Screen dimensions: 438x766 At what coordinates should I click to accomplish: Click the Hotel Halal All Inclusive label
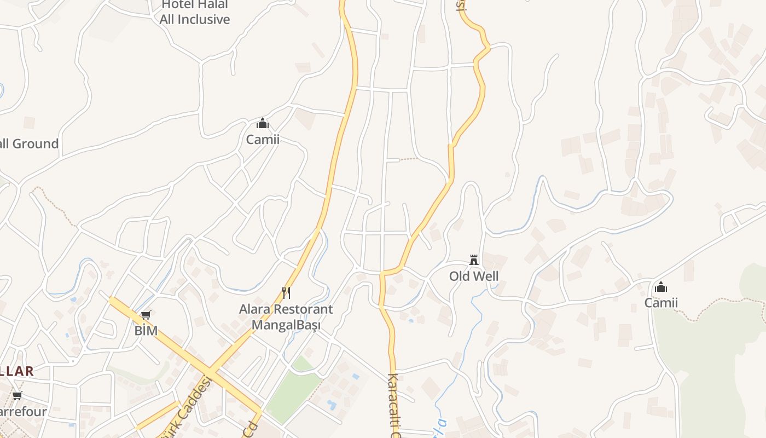[195, 13]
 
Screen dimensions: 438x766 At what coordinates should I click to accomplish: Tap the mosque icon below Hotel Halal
[263, 123]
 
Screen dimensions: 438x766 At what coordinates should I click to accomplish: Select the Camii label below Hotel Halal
[263, 140]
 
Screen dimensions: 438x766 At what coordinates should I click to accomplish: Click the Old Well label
[474, 276]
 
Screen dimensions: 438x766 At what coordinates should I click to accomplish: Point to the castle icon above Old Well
[474, 260]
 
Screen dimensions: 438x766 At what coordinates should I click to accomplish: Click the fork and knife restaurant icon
[286, 293]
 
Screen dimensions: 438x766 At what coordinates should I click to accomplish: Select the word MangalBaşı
[286, 325]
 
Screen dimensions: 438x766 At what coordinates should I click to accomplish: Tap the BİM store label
[146, 331]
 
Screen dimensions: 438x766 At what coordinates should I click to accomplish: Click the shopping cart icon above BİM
[146, 315]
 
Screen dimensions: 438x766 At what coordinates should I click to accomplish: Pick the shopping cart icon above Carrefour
[17, 396]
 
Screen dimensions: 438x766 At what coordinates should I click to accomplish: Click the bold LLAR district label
[16, 371]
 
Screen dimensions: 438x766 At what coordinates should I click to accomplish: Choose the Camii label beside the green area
[661, 303]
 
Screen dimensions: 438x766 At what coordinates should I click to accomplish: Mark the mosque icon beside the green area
[661, 287]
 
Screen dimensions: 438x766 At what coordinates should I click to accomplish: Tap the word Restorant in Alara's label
[303, 309]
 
